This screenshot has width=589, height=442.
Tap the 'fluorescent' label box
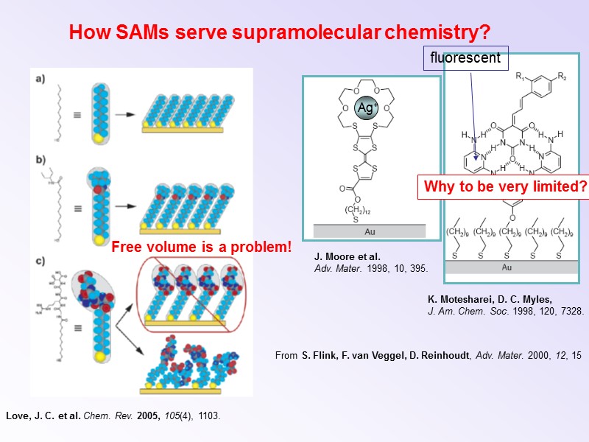(x=465, y=57)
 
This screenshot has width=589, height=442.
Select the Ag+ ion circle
(x=366, y=108)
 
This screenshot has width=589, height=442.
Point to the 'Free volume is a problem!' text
(x=202, y=248)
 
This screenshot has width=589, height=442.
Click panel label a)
(x=41, y=80)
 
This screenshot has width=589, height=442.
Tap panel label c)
(x=41, y=259)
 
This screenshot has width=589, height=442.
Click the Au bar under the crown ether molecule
(x=370, y=231)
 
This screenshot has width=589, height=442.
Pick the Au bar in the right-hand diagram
(x=507, y=267)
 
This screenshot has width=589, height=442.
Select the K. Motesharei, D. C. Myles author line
(x=489, y=300)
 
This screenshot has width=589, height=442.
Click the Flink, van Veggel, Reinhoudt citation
(x=428, y=356)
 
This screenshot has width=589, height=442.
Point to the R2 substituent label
(x=562, y=77)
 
